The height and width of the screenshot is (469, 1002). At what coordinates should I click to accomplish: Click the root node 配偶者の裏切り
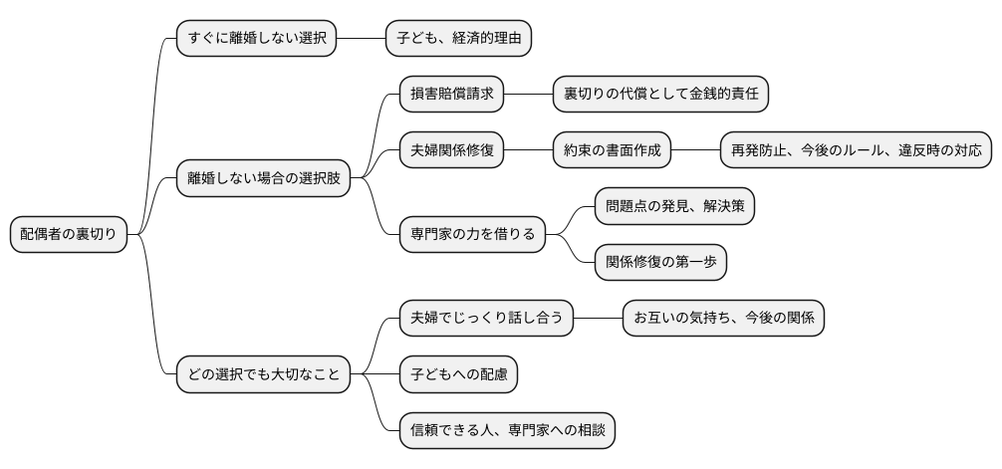[x=68, y=235]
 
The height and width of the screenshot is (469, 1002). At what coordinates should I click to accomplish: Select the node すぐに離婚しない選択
[x=256, y=39]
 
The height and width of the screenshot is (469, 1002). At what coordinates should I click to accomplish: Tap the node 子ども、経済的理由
[x=458, y=39]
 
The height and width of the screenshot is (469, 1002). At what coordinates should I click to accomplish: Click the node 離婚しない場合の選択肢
[x=263, y=179]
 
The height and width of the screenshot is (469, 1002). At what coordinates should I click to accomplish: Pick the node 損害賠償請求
[x=451, y=95]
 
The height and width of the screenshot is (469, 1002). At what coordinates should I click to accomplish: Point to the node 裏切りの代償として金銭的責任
[x=660, y=95]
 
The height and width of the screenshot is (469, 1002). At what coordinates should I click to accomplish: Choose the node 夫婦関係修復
[x=451, y=151]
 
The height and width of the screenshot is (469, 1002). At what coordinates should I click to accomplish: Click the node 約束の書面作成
[x=612, y=151]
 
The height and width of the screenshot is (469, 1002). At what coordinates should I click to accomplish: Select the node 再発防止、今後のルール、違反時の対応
[x=856, y=151]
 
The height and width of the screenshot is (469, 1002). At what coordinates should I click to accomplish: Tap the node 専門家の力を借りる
[x=472, y=235]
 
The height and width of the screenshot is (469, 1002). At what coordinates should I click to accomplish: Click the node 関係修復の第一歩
[x=660, y=263]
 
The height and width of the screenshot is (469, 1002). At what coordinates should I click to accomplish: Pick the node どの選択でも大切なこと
[x=263, y=375]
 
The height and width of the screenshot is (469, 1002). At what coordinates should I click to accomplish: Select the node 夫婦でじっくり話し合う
[x=486, y=319]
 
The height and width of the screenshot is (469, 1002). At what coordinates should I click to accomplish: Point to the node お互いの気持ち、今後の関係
[x=723, y=319]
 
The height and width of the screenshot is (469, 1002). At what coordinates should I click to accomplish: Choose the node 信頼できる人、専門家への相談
[x=507, y=431]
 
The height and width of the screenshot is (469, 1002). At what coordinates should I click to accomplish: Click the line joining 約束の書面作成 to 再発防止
[x=695, y=151]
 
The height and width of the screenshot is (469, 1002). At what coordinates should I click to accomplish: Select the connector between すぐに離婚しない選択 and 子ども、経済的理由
[x=361, y=39]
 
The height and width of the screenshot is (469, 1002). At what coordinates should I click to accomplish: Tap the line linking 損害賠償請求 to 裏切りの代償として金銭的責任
[x=528, y=95]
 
